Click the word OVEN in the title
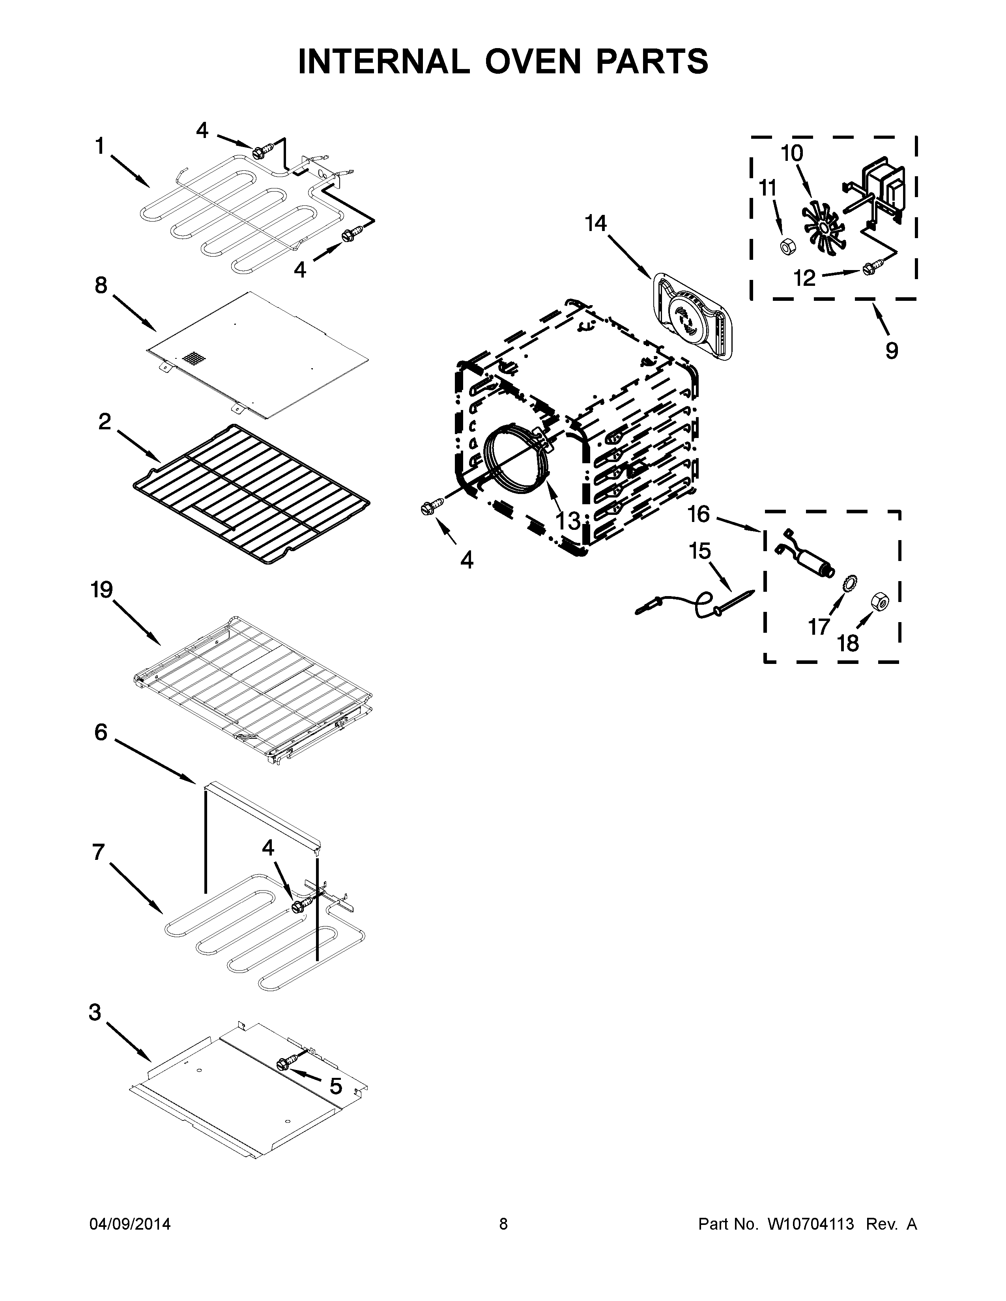[532, 62]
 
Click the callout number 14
[595, 224]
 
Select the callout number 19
[101, 590]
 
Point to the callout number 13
[568, 521]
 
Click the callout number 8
[101, 285]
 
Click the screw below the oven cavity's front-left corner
[427, 507]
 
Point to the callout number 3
[95, 1012]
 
